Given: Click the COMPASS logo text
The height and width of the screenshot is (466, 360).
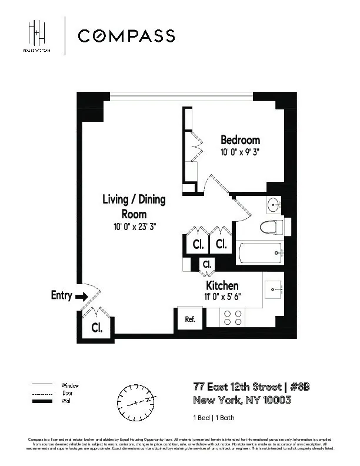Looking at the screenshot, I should coord(126,36).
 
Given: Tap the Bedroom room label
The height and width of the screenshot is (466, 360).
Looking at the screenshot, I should coord(240,140).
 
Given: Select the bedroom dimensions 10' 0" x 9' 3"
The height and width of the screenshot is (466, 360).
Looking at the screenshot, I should coord(240,152).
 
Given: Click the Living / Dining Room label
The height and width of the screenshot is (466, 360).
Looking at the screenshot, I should coord(134,207).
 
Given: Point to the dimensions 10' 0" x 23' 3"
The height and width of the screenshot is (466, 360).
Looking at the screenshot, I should coord(134,226).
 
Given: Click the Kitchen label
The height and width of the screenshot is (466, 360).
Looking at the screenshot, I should coord(222,285).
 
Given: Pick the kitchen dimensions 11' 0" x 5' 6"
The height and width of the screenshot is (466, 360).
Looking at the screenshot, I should coord(222,297).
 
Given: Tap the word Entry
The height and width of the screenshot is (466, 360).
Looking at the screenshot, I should coord(61,295).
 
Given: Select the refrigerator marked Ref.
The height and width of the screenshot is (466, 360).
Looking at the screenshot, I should coord(190,319).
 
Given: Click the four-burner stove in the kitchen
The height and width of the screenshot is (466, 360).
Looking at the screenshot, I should coord(232,318).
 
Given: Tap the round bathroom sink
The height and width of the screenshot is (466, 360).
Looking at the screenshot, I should coord(274,205).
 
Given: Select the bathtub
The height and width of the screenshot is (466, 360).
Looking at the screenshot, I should coord(262,253).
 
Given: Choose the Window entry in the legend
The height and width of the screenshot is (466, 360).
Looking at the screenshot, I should coord(70,385).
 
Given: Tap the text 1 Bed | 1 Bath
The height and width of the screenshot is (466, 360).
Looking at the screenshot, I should coord(214,417).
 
